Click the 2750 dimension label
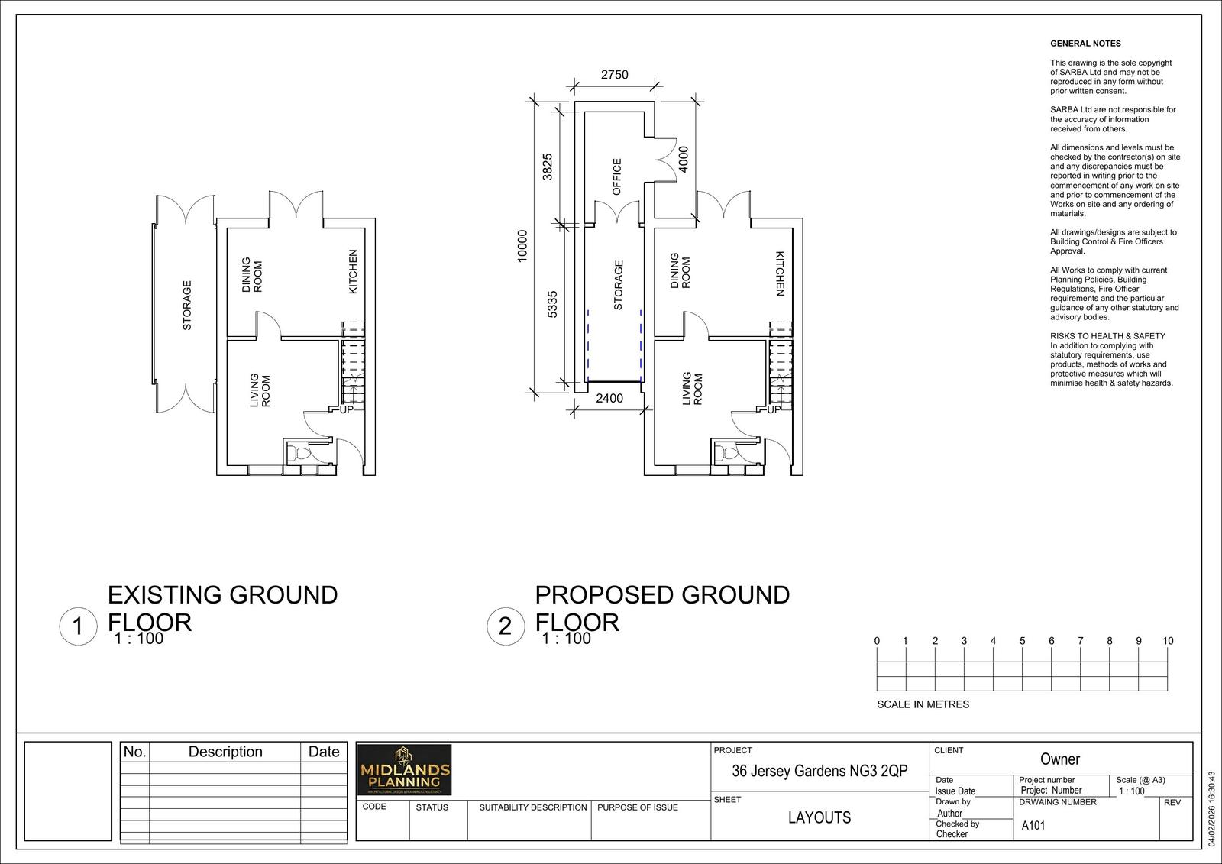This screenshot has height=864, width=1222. [x=614, y=75]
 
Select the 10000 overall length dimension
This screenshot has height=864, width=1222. [x=522, y=246]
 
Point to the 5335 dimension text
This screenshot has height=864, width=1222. [x=553, y=303]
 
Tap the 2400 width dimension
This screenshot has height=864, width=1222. [x=609, y=398]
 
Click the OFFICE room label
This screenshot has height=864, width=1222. [x=617, y=176]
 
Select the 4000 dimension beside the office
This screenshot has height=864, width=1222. [x=684, y=159]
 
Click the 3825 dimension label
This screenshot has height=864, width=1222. [x=547, y=167]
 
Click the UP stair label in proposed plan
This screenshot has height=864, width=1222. [x=774, y=409]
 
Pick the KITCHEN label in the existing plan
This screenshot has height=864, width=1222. [x=353, y=271]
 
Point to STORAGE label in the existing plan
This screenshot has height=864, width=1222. [x=187, y=306]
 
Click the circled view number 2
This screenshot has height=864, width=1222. [x=505, y=627]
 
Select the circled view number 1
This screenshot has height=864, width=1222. [x=77, y=627]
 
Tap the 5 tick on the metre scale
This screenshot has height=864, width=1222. [x=1022, y=641]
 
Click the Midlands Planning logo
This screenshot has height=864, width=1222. [x=405, y=770]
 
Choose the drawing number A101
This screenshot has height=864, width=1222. [x=1033, y=826]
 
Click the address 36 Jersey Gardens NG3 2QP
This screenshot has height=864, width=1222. [x=820, y=771]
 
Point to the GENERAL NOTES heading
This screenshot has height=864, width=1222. [x=1085, y=44]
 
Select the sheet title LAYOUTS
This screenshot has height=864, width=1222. [x=820, y=817]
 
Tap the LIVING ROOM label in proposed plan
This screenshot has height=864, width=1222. [x=692, y=389]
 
